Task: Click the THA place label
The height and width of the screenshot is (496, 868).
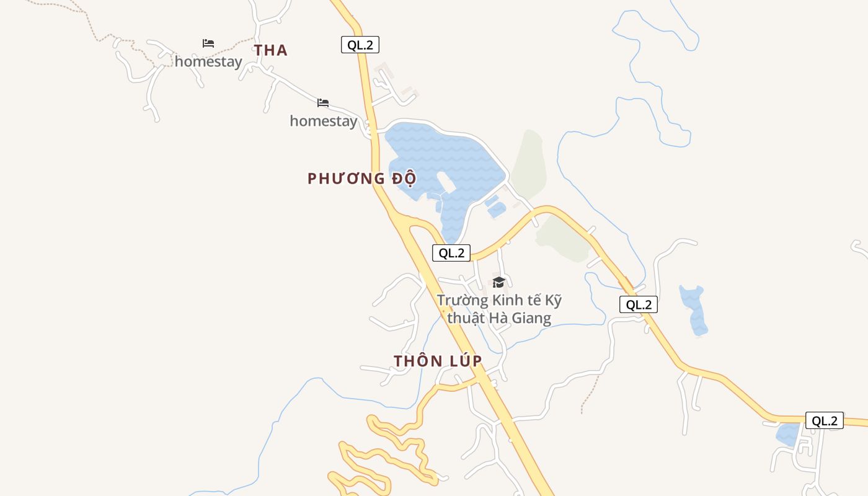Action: point(271,50)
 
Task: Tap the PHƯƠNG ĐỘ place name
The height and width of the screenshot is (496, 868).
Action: point(361,179)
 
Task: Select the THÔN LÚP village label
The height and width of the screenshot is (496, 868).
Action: point(438,361)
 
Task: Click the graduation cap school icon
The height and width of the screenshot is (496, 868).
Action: point(498,283)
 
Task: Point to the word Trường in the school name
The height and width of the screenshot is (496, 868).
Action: point(463,301)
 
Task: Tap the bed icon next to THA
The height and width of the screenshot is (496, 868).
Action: point(208,43)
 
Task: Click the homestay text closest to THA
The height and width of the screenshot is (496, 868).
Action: point(208,61)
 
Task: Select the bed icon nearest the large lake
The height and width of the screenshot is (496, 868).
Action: point(323,103)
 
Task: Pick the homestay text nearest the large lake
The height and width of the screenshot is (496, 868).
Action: point(324,121)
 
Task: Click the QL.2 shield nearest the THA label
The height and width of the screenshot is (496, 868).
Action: point(360,45)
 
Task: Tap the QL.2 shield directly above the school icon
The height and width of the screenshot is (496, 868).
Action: point(451,253)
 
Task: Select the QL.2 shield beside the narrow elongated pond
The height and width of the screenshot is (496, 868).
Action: point(639,304)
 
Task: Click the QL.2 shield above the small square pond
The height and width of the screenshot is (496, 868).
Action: point(825,420)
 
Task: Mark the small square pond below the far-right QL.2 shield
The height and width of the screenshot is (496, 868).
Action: point(787,435)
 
